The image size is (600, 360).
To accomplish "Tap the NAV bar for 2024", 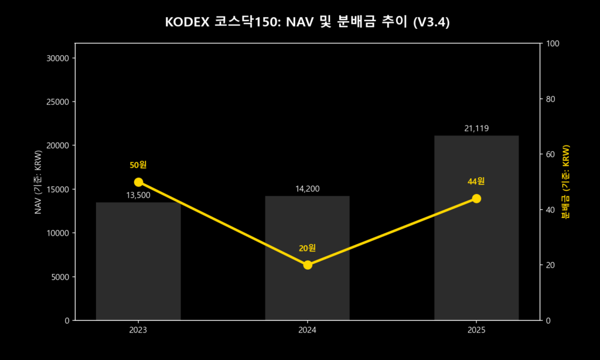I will pos(307,258).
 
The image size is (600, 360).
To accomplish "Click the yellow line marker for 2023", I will pos(138,182).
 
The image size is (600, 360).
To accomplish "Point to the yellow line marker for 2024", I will pos(307,265).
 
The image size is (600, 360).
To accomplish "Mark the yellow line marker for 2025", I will pos(476,199).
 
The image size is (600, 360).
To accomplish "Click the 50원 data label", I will pos(138,165).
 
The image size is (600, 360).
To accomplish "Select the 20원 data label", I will pos(307,248).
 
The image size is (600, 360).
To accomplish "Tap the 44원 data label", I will pos(476,181).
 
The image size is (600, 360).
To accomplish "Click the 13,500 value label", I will pos(138,195).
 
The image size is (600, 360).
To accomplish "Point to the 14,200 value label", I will pos(307,189).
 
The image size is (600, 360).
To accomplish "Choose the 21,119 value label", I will pos(476,128).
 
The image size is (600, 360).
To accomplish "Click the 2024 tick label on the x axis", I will pos(307,331).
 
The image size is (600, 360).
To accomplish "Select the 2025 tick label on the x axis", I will pos(476,331).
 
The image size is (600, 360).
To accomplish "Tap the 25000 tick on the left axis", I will pos(59,102).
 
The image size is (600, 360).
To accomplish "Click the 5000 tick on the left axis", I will pos(61,277).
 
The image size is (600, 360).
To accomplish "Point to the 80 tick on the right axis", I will pos(551,99).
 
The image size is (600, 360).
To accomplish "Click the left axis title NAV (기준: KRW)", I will pos(38,182).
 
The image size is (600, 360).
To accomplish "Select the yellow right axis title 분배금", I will pos(565,182).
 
